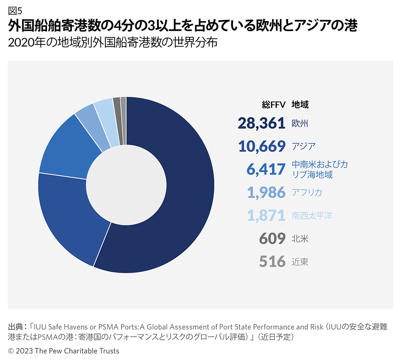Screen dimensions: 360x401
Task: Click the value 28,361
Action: click(262, 123)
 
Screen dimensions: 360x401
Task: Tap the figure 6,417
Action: click(266, 169)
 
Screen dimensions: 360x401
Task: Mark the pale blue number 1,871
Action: click(266, 216)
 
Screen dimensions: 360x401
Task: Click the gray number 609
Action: click(272, 239)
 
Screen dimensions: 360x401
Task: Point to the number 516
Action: click(272, 262)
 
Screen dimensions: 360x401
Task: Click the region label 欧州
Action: click(300, 123)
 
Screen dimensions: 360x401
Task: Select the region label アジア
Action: click(303, 146)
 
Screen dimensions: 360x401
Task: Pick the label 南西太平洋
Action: click(312, 216)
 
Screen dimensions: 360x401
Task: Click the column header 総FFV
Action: click(273, 104)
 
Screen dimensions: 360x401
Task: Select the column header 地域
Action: click(300, 104)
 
